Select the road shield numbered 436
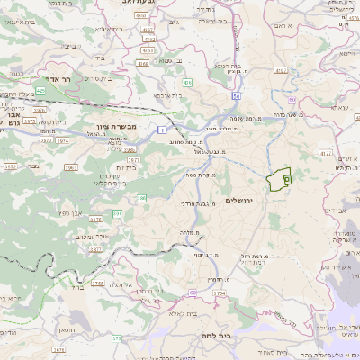188,83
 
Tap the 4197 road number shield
280,69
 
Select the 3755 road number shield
97,283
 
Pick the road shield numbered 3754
218,292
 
